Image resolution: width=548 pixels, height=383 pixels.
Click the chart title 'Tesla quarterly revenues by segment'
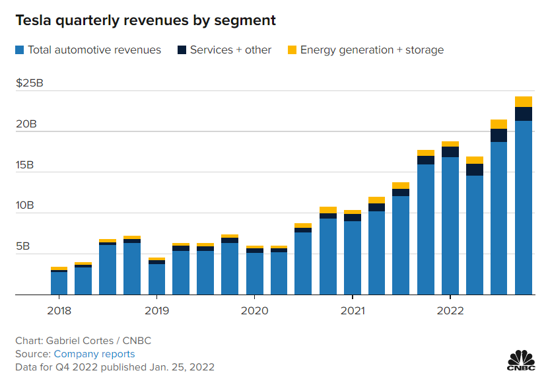click(146, 20)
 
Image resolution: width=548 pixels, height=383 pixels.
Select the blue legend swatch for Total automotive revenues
click(20, 50)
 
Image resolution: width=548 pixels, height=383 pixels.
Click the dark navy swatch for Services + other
click(182, 50)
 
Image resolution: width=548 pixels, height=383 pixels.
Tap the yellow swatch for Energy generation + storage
click(292, 50)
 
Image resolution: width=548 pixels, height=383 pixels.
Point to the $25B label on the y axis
click(29, 83)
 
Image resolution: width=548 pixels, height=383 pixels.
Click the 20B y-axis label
click(27, 124)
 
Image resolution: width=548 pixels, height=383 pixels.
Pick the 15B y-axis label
click(27, 165)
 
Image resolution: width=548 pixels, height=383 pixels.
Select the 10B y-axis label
click(27, 206)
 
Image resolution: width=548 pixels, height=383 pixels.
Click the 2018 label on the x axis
click(59, 310)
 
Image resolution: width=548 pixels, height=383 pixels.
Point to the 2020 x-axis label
click(254, 310)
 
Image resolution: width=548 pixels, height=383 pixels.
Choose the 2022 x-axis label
click(450, 310)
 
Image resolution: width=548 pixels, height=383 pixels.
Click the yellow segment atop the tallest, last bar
click(524, 102)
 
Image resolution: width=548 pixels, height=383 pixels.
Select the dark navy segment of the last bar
click(524, 114)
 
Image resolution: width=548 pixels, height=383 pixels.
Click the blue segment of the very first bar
click(59, 283)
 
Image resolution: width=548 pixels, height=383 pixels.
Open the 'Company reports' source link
click(94, 354)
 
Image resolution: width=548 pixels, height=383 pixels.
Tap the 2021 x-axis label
click(353, 310)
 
